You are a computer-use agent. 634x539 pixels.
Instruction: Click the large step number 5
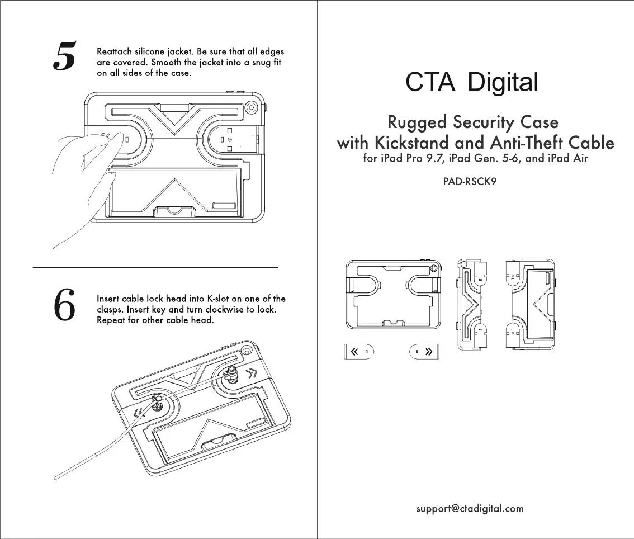pos(64,56)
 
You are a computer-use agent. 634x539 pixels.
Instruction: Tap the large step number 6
pos(64,305)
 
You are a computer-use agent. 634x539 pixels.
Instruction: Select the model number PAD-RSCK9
pos(470,182)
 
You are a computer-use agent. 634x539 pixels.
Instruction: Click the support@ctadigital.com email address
pos(470,509)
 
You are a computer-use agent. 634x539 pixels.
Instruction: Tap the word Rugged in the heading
pos(417,122)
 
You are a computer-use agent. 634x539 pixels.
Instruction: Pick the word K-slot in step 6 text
pos(218,299)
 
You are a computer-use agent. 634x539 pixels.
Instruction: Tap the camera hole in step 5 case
pos(251,107)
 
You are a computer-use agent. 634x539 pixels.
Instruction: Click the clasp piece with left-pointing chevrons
pos(358,352)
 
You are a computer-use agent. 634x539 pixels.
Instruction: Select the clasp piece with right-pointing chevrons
pos(424,352)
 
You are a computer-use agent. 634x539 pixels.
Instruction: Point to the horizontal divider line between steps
pos(155,267)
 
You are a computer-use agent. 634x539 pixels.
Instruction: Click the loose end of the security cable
pos(55,479)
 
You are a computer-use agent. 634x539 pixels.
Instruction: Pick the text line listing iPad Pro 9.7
pos(475,158)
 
